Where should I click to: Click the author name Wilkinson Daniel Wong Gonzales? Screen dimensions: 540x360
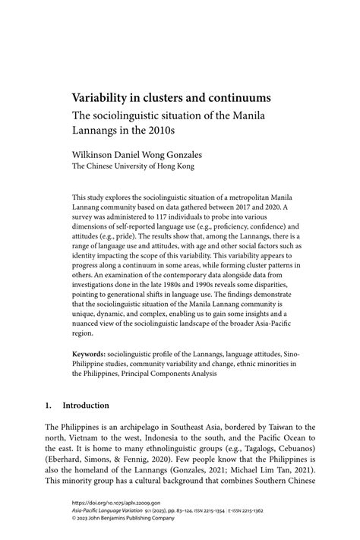click(x=137, y=153)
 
